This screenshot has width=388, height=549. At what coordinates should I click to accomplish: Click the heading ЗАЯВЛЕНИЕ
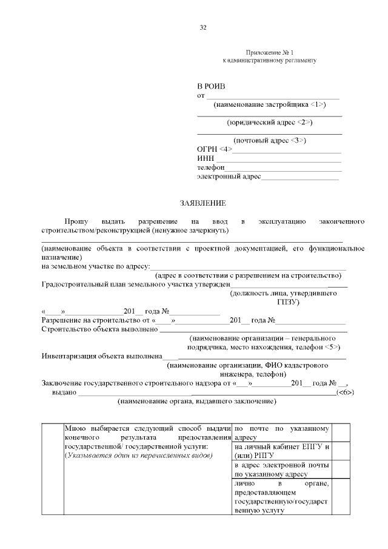coord(202,203)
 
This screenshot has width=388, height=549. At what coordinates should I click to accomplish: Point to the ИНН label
coord(206,158)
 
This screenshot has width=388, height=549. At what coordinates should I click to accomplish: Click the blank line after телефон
coord(283,168)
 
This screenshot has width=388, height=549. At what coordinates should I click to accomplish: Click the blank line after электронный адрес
coord(299,177)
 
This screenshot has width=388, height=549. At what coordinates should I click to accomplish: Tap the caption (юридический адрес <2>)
coord(269,122)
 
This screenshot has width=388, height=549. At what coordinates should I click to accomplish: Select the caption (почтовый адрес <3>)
coord(269,141)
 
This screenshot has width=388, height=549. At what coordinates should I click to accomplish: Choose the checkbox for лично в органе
coord(341,497)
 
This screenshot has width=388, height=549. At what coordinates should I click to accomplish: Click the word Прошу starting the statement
coord(76,222)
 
